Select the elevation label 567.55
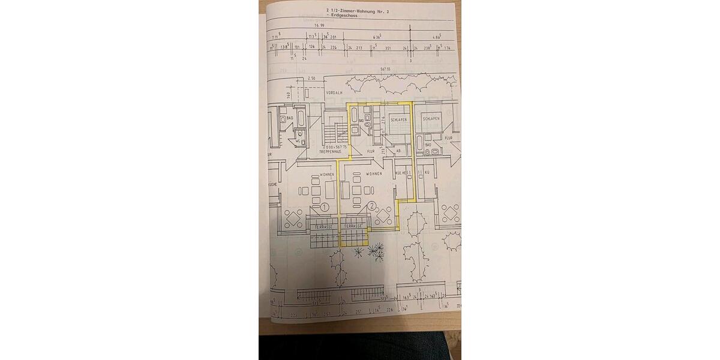[x=385, y=70]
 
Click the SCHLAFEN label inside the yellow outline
[x=399, y=120]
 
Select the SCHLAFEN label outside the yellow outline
[x=431, y=119]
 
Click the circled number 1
[x=324, y=207]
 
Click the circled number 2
[x=373, y=206]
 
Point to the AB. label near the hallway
[x=397, y=151]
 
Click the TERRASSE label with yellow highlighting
[x=354, y=226]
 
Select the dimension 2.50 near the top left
[x=311, y=79]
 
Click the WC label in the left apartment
[x=298, y=142]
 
